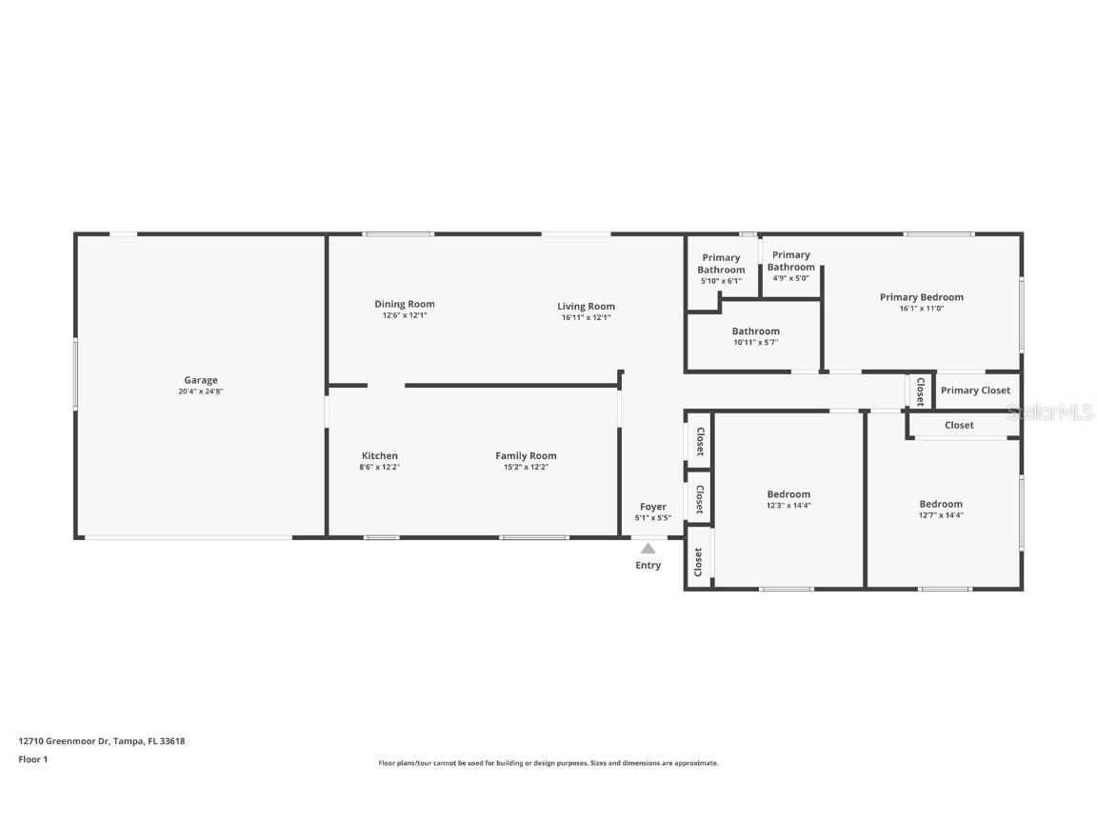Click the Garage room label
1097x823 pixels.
(201, 380)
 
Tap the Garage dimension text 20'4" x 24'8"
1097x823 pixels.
(201, 391)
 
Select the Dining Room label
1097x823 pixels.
(404, 305)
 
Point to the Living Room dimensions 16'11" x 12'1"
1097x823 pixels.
(586, 317)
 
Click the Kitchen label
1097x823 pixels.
(379, 455)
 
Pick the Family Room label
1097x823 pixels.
(526, 455)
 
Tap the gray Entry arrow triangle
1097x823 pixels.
(648, 548)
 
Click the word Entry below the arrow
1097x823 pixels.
(648, 566)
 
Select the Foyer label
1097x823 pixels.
(652, 507)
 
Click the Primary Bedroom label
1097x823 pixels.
(921, 297)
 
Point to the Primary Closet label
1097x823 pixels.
(975, 391)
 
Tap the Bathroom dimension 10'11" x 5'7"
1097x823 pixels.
(755, 343)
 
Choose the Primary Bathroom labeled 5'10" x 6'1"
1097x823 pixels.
(721, 264)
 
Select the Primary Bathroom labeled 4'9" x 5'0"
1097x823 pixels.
(790, 261)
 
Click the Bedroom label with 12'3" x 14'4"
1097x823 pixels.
(788, 494)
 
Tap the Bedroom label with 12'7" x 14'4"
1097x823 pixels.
(940, 504)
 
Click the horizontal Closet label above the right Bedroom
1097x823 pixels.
(959, 425)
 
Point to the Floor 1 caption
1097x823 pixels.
(32, 759)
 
